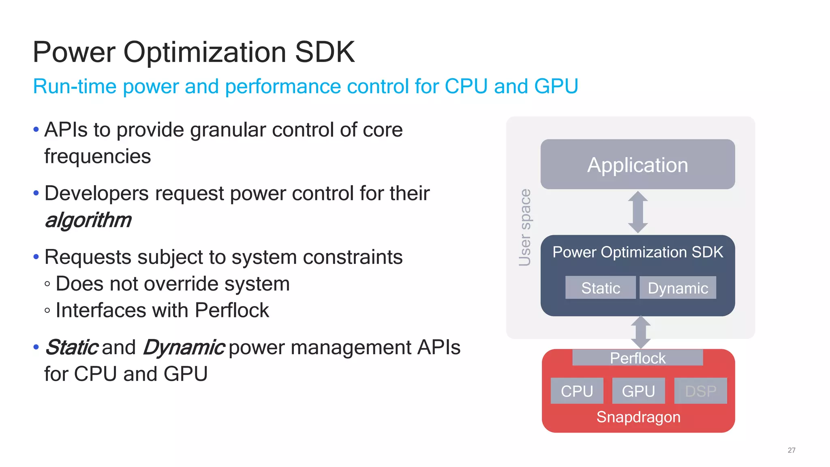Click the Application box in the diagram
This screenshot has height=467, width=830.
coord(637,164)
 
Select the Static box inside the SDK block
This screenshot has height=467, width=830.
coord(600,288)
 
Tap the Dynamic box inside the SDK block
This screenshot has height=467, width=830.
coord(678,288)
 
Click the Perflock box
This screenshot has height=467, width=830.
coord(637,358)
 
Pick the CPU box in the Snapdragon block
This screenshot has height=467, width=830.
coord(577,391)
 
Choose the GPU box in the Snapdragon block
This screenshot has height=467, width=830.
coord(638,391)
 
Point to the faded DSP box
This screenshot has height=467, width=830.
coord(700,391)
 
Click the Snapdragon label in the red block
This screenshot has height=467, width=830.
coord(638,417)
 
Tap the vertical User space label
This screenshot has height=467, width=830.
coord(525,227)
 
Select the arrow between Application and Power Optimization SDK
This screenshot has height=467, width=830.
coord(638,212)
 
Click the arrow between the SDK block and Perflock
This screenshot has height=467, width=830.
coord(641,332)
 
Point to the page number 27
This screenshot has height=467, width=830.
coord(791,450)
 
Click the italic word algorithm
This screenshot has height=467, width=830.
coord(88,220)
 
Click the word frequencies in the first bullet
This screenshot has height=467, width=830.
coord(97,156)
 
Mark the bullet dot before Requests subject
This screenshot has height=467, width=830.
coord(36,257)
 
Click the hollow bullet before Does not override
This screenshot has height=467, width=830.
coord(47,284)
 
